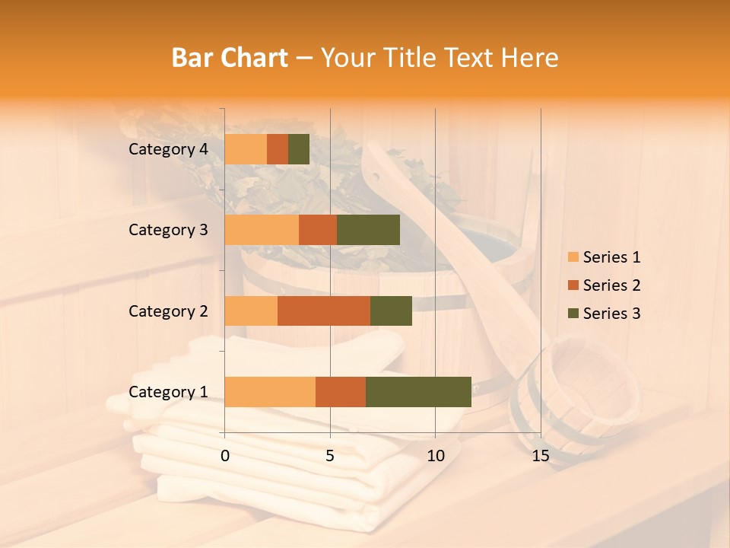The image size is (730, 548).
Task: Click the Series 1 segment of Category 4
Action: pyautogui.click(x=246, y=149)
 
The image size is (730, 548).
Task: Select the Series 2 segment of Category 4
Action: pyautogui.click(x=278, y=149)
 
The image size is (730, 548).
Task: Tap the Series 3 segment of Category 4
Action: pyautogui.click(x=299, y=149)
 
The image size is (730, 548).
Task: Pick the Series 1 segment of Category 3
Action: pyautogui.click(x=262, y=230)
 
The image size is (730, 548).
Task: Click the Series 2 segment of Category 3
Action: pyautogui.click(x=318, y=230)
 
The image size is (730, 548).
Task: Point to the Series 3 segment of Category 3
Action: pyautogui.click(x=368, y=230)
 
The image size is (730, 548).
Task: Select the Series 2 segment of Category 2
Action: pyautogui.click(x=324, y=311)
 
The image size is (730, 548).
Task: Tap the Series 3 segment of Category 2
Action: pyautogui.click(x=391, y=311)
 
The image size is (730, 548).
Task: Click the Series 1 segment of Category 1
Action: pyautogui.click(x=270, y=392)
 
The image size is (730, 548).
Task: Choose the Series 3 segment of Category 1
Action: pyautogui.click(x=418, y=392)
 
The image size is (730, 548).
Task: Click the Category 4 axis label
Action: pyautogui.click(x=168, y=149)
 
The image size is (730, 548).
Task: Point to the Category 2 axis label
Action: pyautogui.click(x=168, y=311)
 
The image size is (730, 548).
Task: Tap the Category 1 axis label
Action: pyautogui.click(x=168, y=392)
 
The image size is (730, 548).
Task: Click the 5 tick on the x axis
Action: pyautogui.click(x=330, y=456)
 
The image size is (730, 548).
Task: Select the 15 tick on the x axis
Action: pyautogui.click(x=540, y=456)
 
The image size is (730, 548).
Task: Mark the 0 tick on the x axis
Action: pyautogui.click(x=225, y=456)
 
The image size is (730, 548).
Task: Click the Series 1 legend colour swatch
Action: pyautogui.click(x=573, y=257)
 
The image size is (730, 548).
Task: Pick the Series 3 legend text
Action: pyautogui.click(x=611, y=314)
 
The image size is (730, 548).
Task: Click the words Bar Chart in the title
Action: pyautogui.click(x=230, y=58)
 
